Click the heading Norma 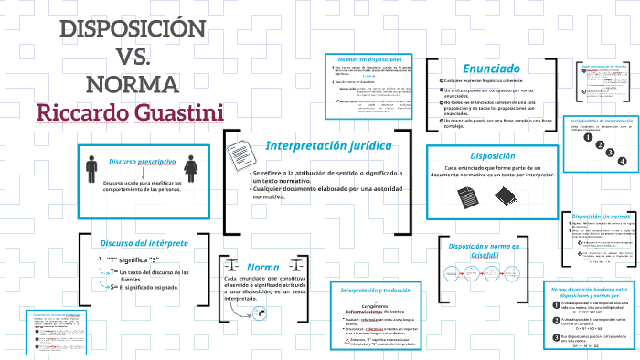[262, 267]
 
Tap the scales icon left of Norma [229, 266]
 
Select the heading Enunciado [491, 68]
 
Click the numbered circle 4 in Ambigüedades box [622, 162]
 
